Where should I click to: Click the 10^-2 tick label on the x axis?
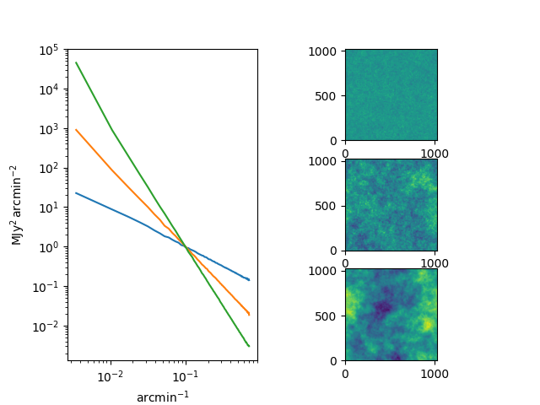[x=111, y=377]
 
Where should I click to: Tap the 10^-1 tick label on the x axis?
[x=186, y=377]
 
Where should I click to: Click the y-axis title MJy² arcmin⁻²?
[x=16, y=205]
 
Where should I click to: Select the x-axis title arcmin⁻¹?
[x=163, y=397]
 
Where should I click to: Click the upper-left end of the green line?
[x=76, y=62]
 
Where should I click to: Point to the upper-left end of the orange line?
[x=76, y=130]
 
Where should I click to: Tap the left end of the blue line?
[x=76, y=193]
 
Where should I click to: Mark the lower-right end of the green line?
[x=249, y=346]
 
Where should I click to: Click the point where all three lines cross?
[x=186, y=247]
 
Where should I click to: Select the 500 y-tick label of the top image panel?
[x=325, y=96]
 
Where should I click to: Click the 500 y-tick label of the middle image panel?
[x=325, y=206]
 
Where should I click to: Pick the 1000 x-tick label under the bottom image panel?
[x=435, y=374]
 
